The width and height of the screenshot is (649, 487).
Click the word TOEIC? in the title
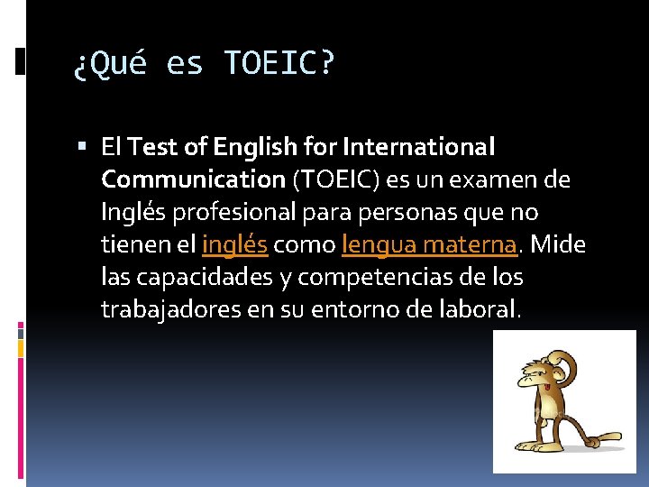pos(279,64)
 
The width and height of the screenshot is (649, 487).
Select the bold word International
pos(421,145)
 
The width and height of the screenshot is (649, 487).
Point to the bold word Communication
pos(193,179)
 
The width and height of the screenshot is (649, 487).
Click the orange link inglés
pos(234,244)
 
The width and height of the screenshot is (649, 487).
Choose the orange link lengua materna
pos(429,244)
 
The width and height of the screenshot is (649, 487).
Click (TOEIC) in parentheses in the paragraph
pos(336,179)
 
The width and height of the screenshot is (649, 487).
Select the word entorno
pos(352,309)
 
